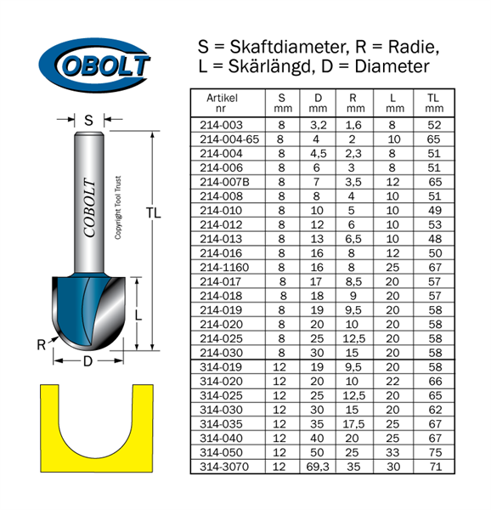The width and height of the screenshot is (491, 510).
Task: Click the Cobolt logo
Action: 94,65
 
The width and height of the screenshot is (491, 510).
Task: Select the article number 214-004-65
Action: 229,139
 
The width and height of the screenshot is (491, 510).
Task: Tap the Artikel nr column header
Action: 222,103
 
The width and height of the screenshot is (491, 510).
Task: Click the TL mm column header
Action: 434,103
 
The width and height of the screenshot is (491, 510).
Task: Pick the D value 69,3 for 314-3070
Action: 318,467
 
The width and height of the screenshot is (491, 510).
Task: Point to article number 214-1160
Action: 224,268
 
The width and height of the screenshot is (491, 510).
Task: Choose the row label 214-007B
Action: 224,182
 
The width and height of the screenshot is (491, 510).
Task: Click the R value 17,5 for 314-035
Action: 354,424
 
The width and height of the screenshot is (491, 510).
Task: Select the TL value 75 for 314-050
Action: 435,452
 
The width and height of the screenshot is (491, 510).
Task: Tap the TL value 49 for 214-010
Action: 435,211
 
